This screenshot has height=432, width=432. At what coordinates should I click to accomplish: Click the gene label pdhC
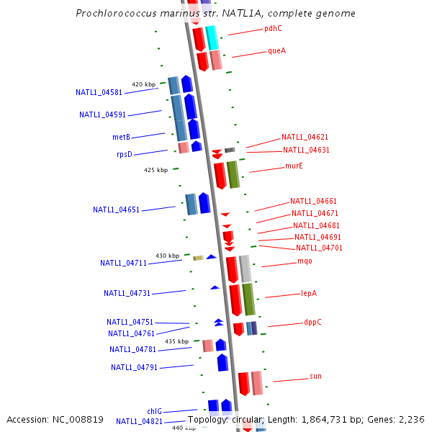(273, 29)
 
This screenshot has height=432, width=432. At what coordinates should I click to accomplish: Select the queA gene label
(276, 50)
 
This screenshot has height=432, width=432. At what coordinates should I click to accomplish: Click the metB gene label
(121, 137)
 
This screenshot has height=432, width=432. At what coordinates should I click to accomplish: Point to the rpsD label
(125, 154)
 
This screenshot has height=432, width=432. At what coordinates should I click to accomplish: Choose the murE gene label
(294, 166)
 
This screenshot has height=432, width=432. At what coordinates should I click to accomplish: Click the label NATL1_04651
(116, 210)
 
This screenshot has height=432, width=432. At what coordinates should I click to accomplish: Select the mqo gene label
(305, 261)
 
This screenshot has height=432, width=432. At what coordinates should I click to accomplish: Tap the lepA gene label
(309, 293)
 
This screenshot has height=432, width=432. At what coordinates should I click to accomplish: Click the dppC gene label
(312, 323)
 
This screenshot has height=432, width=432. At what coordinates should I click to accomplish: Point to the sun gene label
(315, 376)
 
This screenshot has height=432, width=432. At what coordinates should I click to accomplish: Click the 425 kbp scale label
(156, 171)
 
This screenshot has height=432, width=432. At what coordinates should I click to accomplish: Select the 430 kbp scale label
(167, 256)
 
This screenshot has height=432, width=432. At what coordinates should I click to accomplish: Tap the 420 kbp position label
(143, 84)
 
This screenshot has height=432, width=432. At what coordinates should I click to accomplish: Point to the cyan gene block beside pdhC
(212, 37)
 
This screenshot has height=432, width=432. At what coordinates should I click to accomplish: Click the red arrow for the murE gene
(220, 176)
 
